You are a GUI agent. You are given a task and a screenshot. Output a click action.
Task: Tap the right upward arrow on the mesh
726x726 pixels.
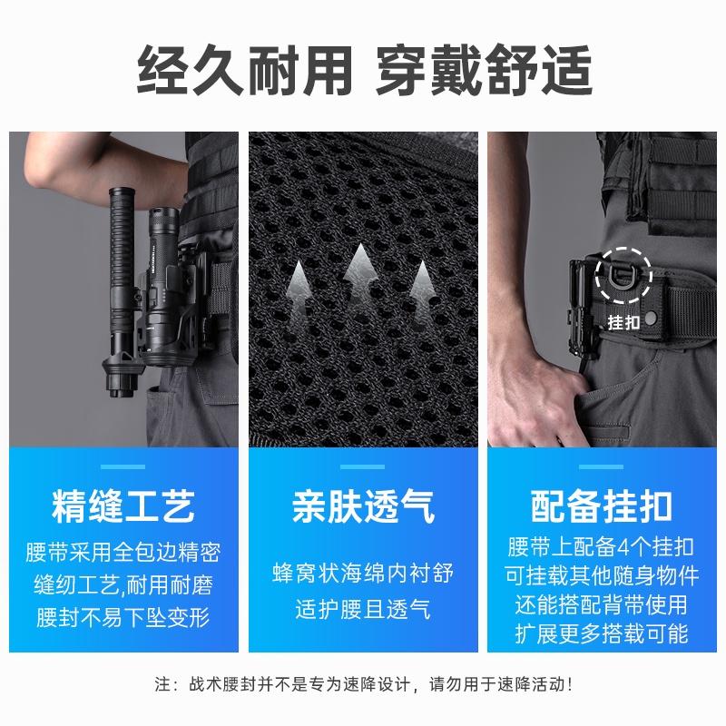pos(419,286)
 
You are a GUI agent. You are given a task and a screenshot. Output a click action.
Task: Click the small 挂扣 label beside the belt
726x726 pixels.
pos(623,321)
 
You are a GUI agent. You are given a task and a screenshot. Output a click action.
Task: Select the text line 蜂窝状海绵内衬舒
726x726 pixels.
pos(363,574)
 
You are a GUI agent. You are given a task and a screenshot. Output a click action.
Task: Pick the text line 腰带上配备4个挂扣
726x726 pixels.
pos(601,547)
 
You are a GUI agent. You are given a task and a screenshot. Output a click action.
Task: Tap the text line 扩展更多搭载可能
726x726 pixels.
pos(601,633)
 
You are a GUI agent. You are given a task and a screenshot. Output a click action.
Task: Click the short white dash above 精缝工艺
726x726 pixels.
pos(123,467)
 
